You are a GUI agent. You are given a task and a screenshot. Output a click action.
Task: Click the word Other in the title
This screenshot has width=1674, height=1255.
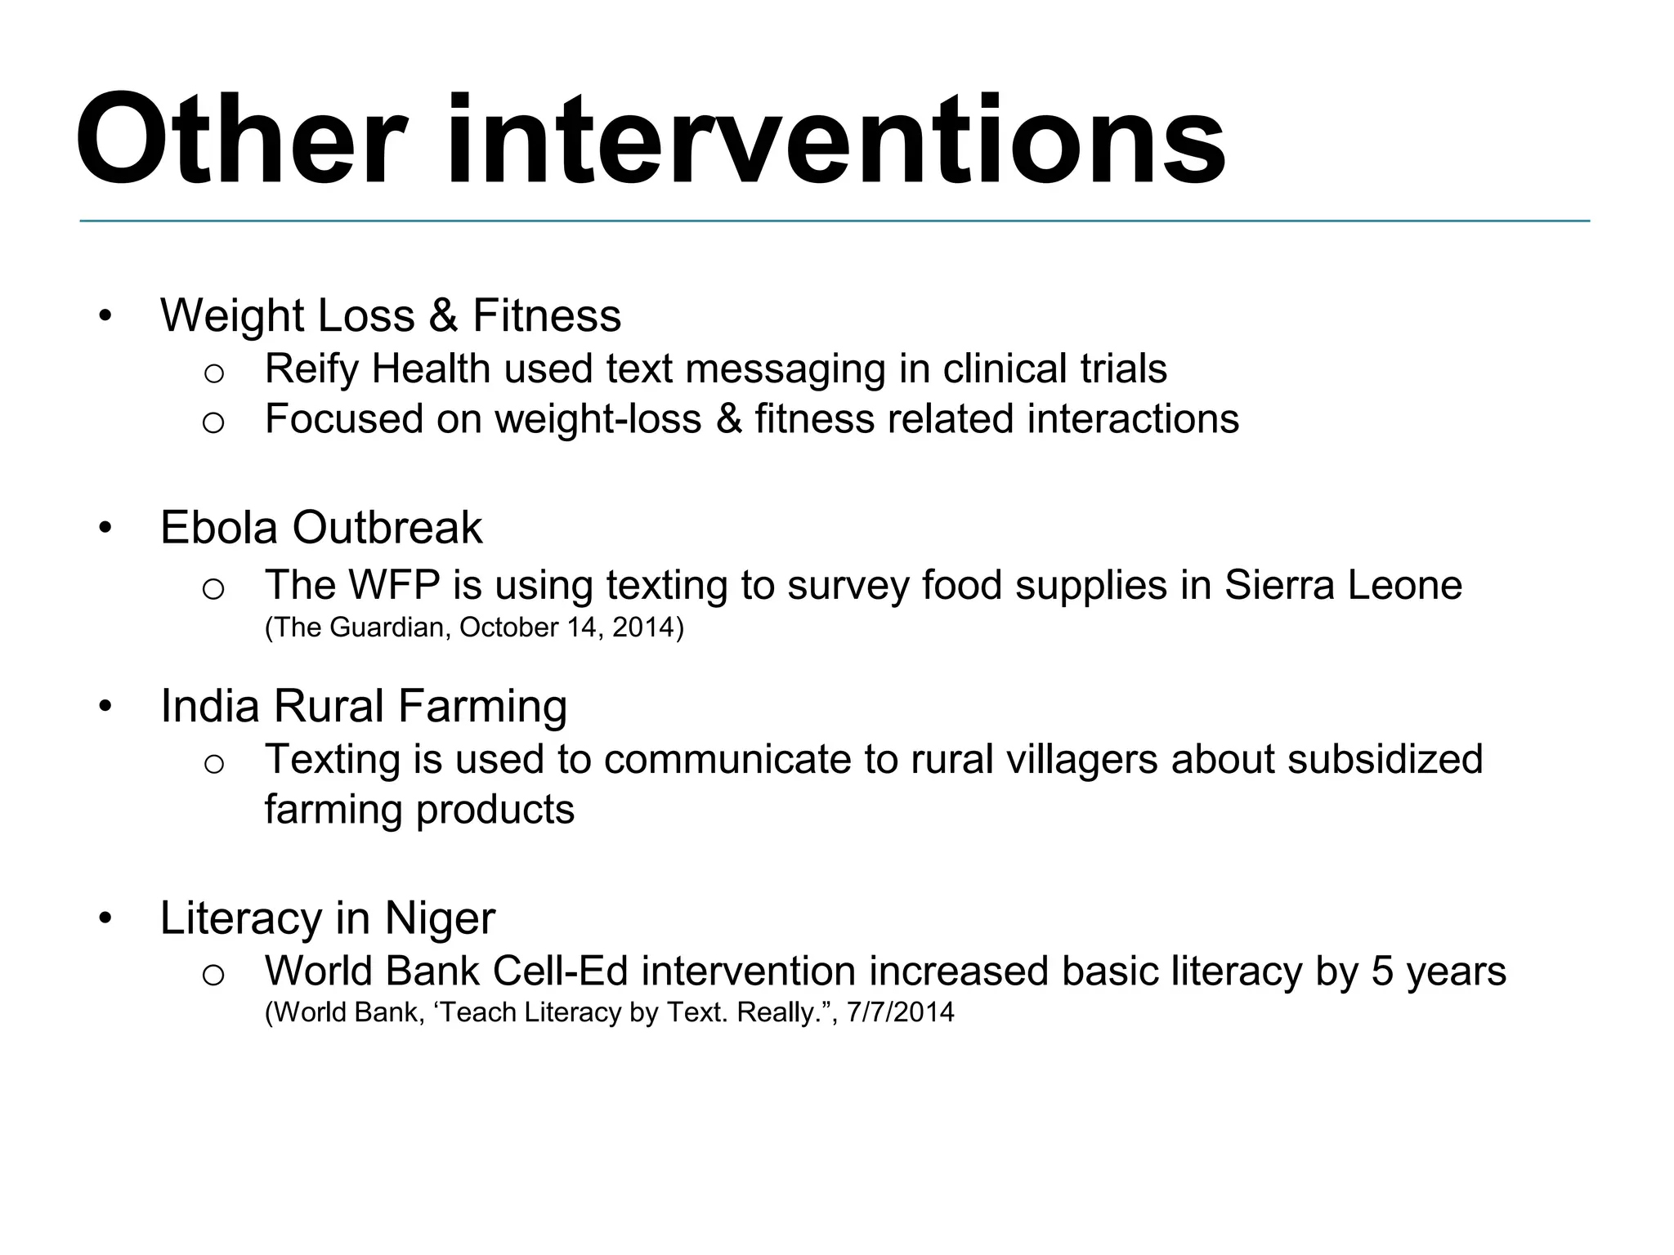[x=242, y=141]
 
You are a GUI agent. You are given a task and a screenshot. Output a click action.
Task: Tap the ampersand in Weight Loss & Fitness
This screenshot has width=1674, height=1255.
[x=442, y=315]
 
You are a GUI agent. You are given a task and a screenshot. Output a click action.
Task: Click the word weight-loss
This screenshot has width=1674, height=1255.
[x=598, y=419]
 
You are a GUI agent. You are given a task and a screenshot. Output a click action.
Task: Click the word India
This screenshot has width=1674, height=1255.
[x=210, y=706]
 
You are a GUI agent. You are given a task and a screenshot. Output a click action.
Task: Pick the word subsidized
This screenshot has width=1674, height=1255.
[x=1385, y=759]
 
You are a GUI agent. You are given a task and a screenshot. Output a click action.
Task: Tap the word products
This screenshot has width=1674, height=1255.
[x=495, y=810]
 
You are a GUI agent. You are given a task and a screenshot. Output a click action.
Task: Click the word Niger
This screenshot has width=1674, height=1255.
[x=440, y=918]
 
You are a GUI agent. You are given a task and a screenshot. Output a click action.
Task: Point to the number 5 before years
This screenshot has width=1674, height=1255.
[x=1382, y=971]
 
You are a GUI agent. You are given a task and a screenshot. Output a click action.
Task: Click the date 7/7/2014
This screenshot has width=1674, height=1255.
[x=900, y=1013]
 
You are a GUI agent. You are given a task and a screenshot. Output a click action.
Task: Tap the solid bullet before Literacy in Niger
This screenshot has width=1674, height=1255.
[x=104, y=918]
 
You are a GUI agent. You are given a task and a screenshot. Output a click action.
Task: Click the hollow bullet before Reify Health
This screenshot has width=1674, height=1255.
[x=213, y=373]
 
